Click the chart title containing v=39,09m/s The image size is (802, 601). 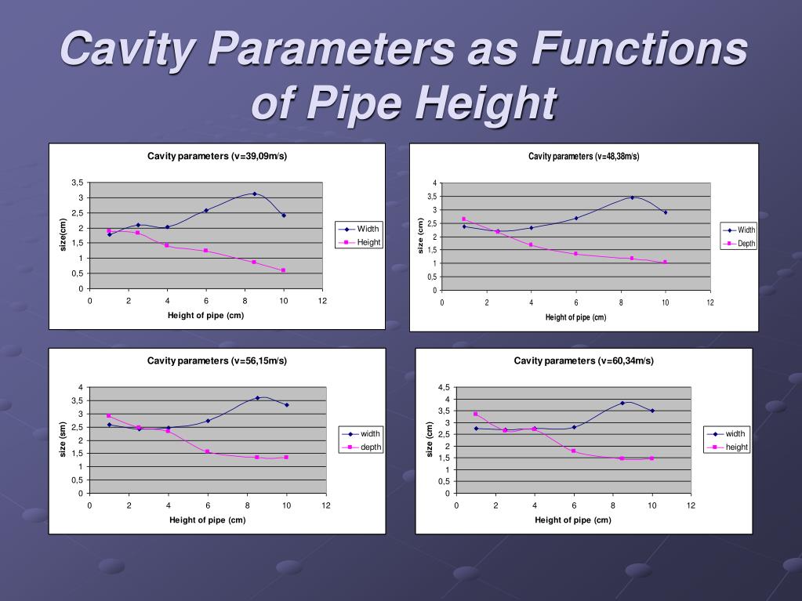tap(217, 156)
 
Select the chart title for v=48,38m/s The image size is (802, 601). tap(583, 156)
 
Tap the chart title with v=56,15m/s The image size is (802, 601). tap(217, 360)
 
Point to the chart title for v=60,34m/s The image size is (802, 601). tap(583, 360)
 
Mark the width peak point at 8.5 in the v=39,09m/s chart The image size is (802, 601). tap(254, 194)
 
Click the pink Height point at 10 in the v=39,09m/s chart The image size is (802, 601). tap(283, 270)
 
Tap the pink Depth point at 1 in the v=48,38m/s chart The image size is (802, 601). tap(464, 219)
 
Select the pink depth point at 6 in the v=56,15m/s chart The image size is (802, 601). tap(208, 451)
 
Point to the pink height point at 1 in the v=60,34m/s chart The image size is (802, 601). tap(476, 414)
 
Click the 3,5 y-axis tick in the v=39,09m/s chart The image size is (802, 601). tap(78, 183)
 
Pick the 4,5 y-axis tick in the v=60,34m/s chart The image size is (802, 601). tap(444, 388)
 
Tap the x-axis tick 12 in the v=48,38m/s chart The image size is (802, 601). tap(710, 302)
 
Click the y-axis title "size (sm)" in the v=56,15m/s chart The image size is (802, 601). tap(64, 440)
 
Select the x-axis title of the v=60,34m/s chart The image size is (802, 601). tap(573, 520)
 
